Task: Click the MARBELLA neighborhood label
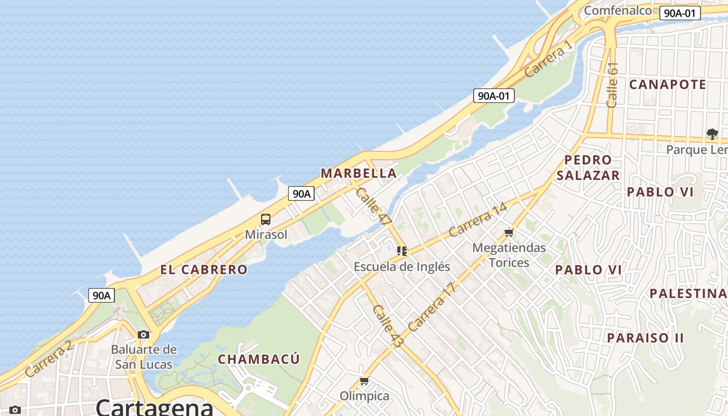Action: click(358, 173)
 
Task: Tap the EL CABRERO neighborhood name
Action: click(204, 269)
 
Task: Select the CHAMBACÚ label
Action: click(258, 359)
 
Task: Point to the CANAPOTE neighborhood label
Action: click(668, 84)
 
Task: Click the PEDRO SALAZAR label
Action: click(588, 167)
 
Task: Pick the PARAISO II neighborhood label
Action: click(645, 338)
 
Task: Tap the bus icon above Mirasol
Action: click(266, 219)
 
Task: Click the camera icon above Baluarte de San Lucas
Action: click(144, 334)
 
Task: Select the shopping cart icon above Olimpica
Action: click(365, 381)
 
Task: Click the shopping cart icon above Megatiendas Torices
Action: click(509, 232)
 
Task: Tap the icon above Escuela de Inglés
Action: click(402, 251)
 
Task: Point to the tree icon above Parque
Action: click(712, 134)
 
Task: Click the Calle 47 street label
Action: click(373, 206)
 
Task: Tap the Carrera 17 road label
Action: click(431, 307)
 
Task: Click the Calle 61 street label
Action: click(613, 85)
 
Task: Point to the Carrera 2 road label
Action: click(48, 359)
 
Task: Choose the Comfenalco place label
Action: click(618, 10)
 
